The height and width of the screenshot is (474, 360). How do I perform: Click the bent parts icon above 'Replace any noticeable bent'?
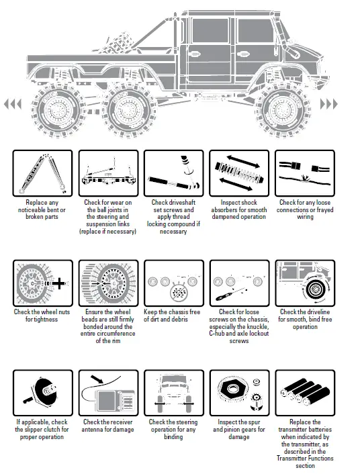42,173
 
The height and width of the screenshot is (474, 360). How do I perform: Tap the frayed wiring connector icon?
304,173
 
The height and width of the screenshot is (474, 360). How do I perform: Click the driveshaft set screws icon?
173,173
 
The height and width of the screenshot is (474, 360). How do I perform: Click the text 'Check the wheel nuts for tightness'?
42,316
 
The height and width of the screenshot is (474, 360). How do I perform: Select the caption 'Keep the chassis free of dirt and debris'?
173,316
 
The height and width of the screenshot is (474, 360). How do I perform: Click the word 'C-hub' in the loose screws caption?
221,334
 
